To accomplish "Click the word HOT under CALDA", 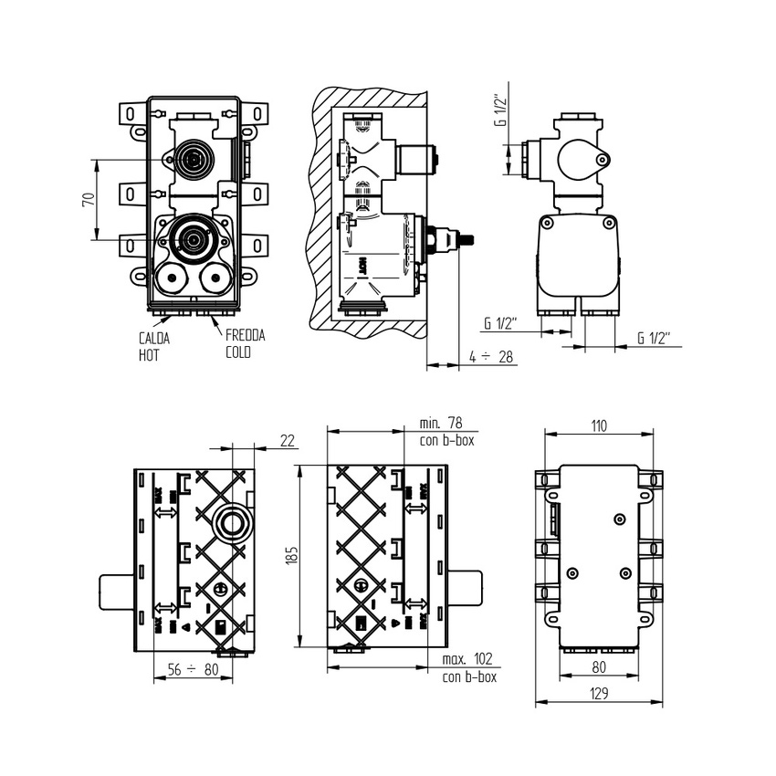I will (149, 354).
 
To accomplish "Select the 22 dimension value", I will (287, 440).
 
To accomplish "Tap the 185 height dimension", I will (291, 556).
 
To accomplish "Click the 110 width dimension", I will (598, 425).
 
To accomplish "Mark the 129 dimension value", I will (598, 694).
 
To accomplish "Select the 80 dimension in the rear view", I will (598, 666).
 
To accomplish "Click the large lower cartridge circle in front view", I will (193, 239).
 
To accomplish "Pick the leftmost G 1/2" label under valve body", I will (501, 322).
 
